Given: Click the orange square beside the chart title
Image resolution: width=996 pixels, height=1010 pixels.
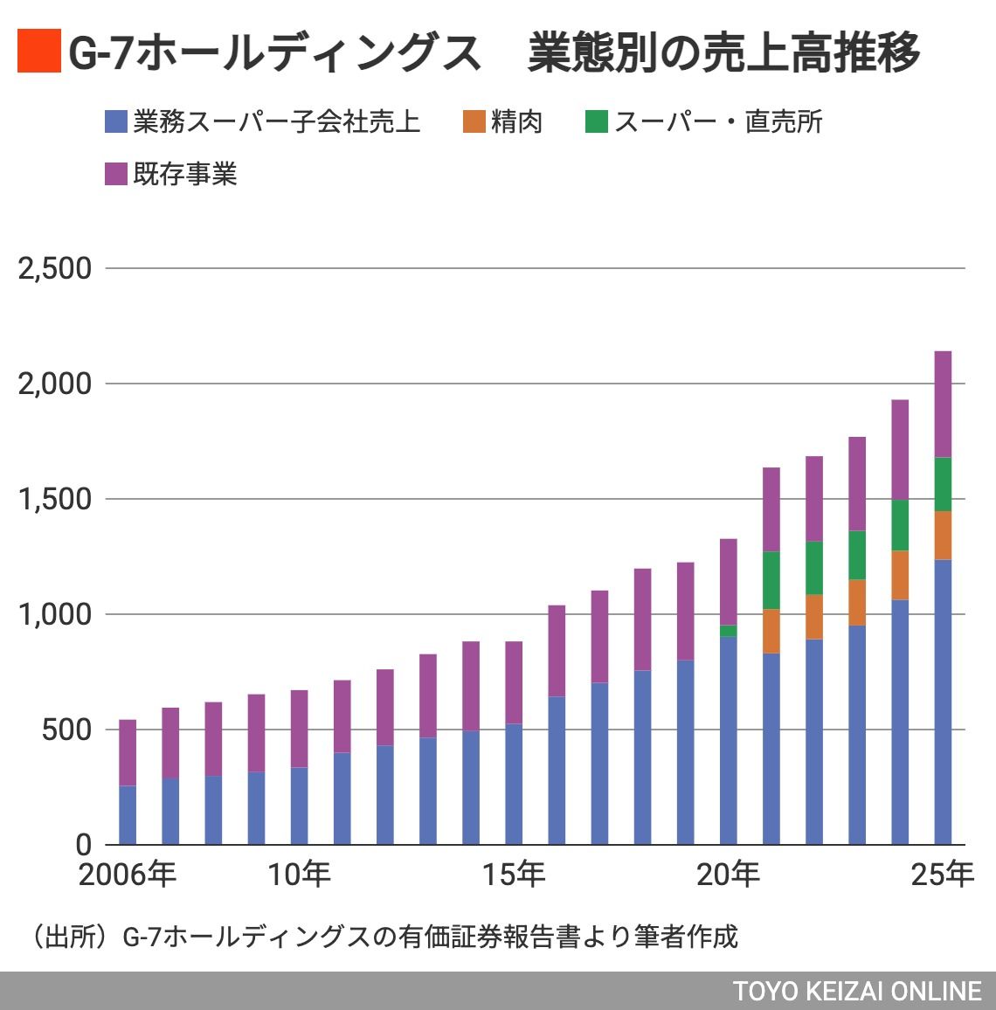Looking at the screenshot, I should (x=38, y=51).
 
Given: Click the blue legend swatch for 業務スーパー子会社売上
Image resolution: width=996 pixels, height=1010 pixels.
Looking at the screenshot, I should (x=115, y=121).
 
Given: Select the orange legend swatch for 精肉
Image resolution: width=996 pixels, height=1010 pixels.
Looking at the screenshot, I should (x=474, y=121).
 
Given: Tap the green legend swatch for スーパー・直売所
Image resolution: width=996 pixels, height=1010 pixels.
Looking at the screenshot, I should (x=596, y=121).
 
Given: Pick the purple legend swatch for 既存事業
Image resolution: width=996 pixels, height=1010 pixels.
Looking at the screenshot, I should (x=115, y=174).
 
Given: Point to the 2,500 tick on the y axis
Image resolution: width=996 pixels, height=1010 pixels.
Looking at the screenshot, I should (x=54, y=268).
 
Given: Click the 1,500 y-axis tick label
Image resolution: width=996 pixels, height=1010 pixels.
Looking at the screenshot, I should (x=54, y=499).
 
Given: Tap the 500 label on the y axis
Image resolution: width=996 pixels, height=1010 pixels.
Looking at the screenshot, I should (x=66, y=730).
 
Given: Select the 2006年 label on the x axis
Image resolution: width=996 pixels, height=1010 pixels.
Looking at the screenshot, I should (x=128, y=875).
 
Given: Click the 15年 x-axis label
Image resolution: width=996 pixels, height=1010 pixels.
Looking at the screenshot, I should (x=514, y=875).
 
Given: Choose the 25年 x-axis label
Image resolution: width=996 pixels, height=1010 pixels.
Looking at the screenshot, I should (x=942, y=875).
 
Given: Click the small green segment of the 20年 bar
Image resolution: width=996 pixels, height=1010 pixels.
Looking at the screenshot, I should (x=728, y=631).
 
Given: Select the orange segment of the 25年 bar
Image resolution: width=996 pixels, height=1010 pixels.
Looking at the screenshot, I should (x=943, y=535).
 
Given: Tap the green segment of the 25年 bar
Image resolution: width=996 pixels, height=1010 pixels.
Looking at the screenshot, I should (x=943, y=484).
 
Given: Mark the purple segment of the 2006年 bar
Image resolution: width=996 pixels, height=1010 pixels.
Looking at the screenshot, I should (x=128, y=752).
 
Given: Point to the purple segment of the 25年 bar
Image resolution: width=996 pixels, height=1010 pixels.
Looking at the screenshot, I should (x=943, y=404).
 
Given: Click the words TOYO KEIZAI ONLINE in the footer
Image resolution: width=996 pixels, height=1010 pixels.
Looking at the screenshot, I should (x=857, y=991).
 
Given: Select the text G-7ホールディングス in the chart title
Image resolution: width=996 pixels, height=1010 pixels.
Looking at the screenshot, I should (x=274, y=52).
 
